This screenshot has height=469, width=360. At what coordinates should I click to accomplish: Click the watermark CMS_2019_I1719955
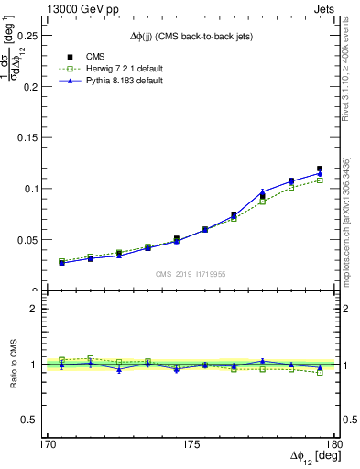click(x=191, y=273)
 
